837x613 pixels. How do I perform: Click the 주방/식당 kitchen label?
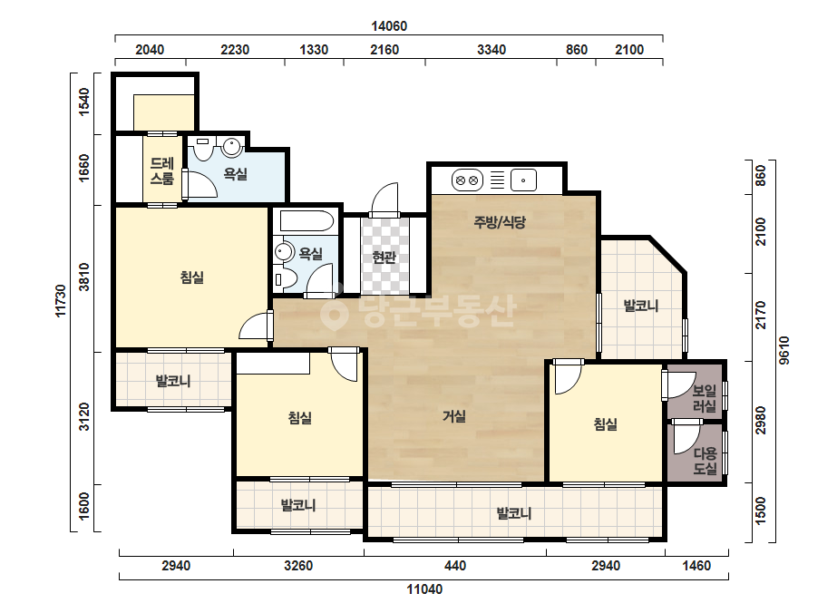tap(500, 221)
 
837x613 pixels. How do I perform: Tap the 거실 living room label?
tap(454, 416)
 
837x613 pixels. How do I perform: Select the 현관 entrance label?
tap(384, 258)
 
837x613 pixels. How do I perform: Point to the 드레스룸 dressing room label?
tap(161, 170)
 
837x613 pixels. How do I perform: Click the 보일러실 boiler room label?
tap(704, 398)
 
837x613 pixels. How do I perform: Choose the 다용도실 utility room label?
tap(705, 461)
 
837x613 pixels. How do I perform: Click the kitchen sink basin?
tap(523, 180)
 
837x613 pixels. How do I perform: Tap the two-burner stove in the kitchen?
tap(467, 180)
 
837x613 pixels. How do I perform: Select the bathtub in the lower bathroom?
tap(305, 221)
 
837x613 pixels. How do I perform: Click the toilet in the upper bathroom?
tap(203, 149)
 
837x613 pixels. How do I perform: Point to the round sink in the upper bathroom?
tap(231, 147)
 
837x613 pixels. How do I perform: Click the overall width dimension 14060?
tap(389, 26)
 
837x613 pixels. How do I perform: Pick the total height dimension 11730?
tap(61, 301)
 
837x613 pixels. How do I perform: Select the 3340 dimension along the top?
tap(491, 50)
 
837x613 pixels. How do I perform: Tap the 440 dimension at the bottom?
tap(455, 566)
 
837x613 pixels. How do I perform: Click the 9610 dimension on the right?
tap(783, 351)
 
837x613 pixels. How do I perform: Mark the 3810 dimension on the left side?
tap(84, 277)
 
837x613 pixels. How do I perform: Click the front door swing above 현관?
tap(384, 199)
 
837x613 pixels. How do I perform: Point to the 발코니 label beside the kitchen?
tap(641, 306)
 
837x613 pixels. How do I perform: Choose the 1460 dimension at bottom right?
tap(696, 566)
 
